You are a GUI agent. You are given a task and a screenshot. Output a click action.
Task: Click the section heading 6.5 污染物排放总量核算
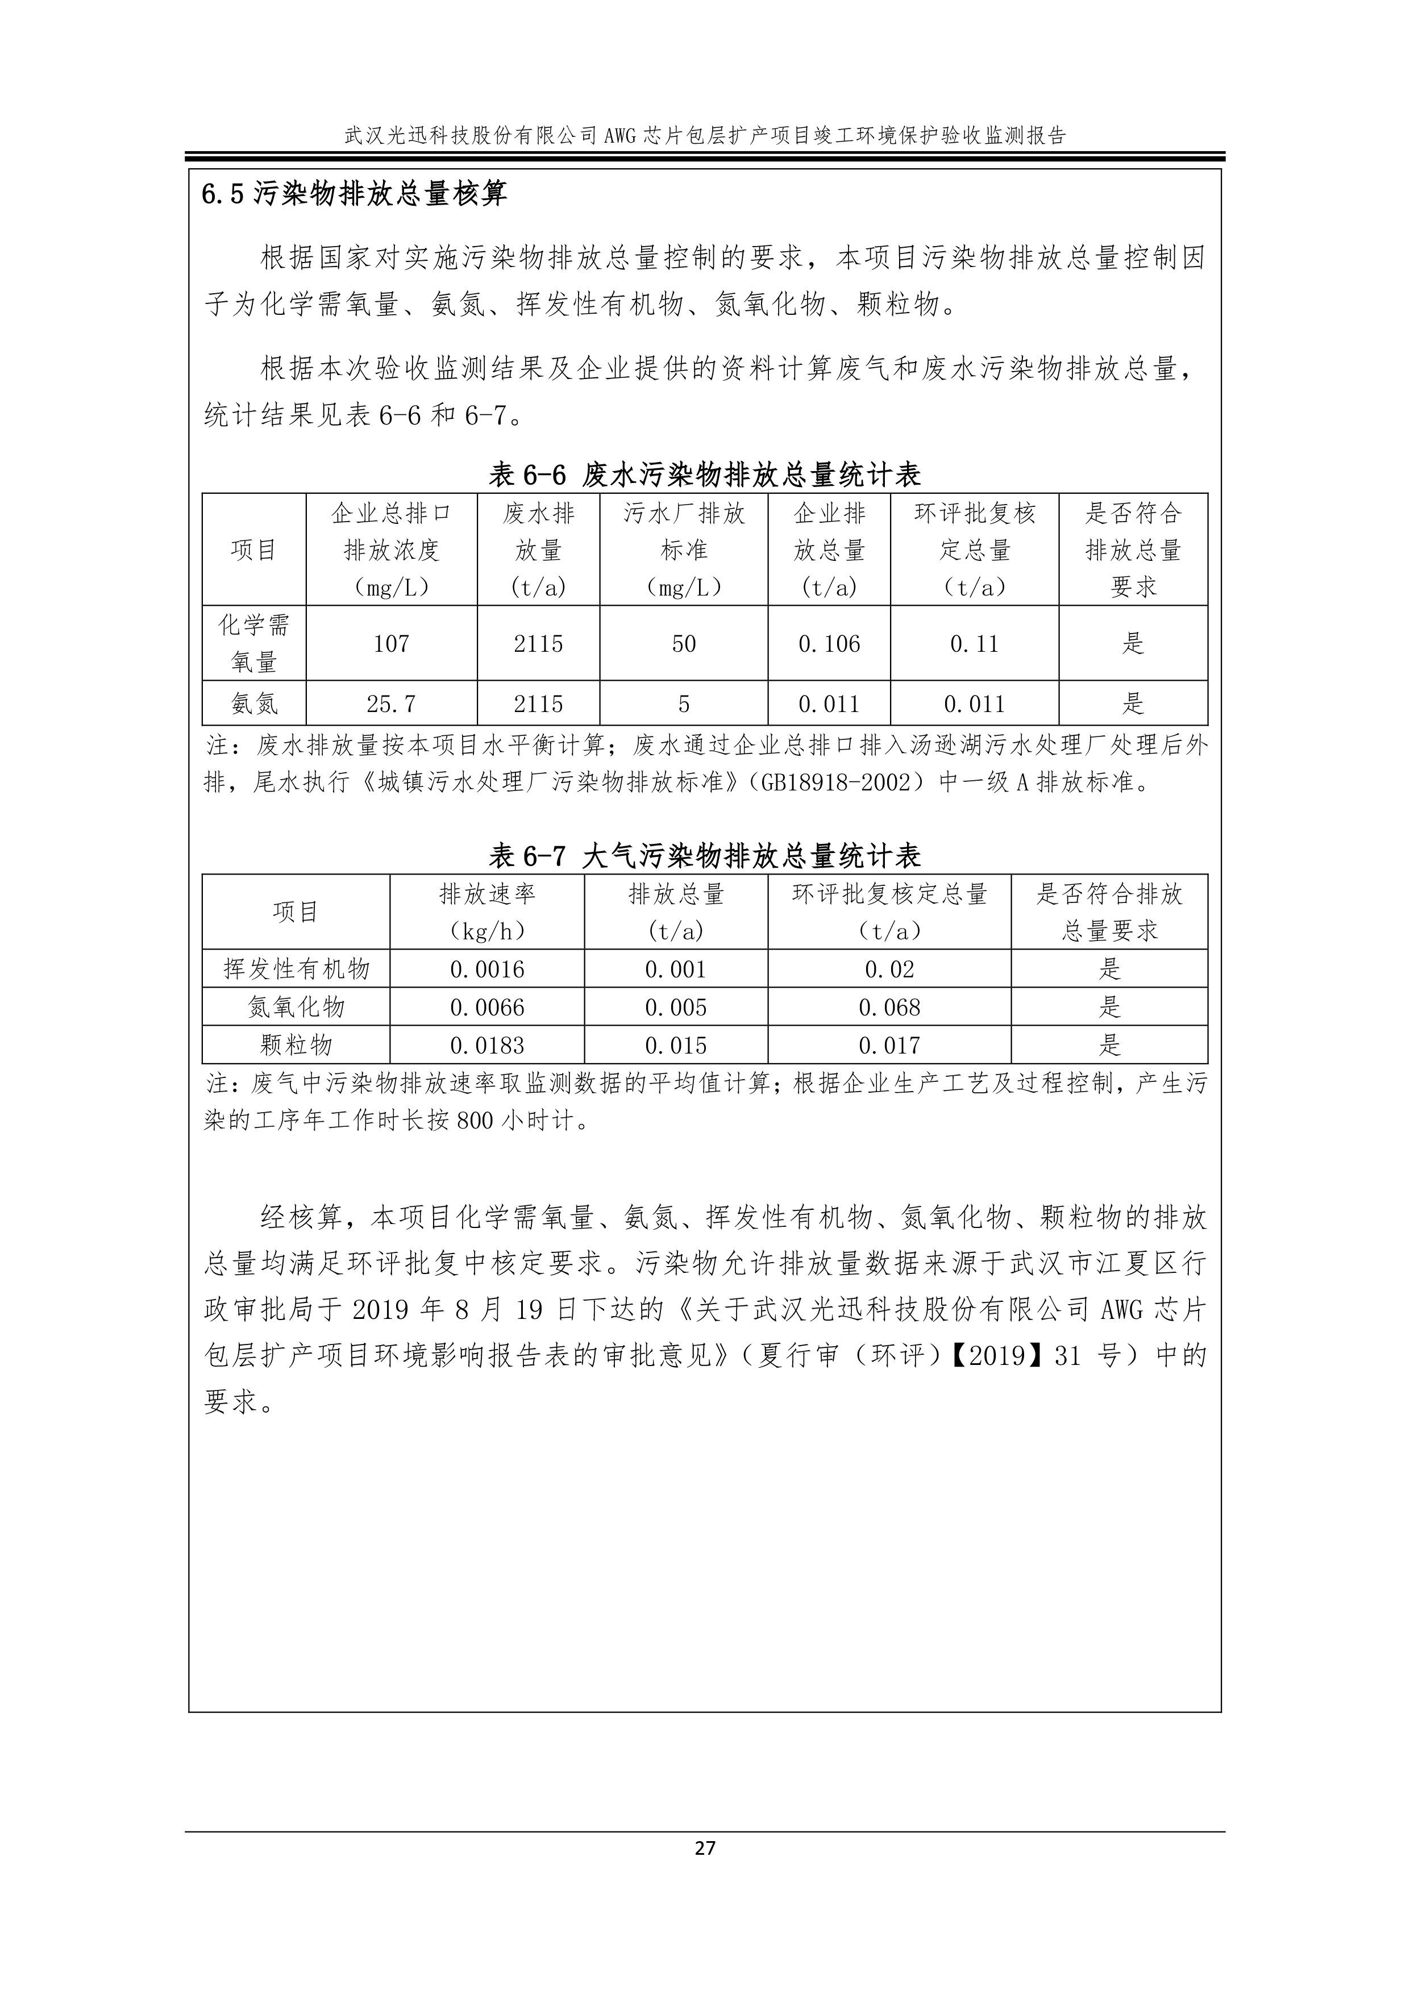pyautogui.click(x=355, y=194)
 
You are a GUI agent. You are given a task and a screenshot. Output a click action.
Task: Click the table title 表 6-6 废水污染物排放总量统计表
pyautogui.click(x=705, y=475)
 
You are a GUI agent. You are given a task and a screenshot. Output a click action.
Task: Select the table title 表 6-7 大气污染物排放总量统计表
pyautogui.click(x=705, y=857)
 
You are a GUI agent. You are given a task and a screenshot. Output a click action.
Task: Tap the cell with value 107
pyautogui.click(x=391, y=643)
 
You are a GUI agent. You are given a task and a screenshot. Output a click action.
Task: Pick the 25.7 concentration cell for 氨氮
pyautogui.click(x=391, y=703)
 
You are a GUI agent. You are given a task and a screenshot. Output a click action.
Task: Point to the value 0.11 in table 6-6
pyautogui.click(x=974, y=643)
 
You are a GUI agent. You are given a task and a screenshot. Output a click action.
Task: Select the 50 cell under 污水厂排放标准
pyautogui.click(x=684, y=643)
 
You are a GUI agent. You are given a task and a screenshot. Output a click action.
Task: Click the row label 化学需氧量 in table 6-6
pyautogui.click(x=253, y=643)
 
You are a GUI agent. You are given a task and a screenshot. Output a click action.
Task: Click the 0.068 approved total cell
pyautogui.click(x=889, y=1008)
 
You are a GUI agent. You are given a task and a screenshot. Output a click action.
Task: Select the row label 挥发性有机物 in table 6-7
pyautogui.click(x=296, y=969)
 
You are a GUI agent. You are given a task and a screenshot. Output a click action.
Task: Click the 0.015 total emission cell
pyautogui.click(x=676, y=1046)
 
